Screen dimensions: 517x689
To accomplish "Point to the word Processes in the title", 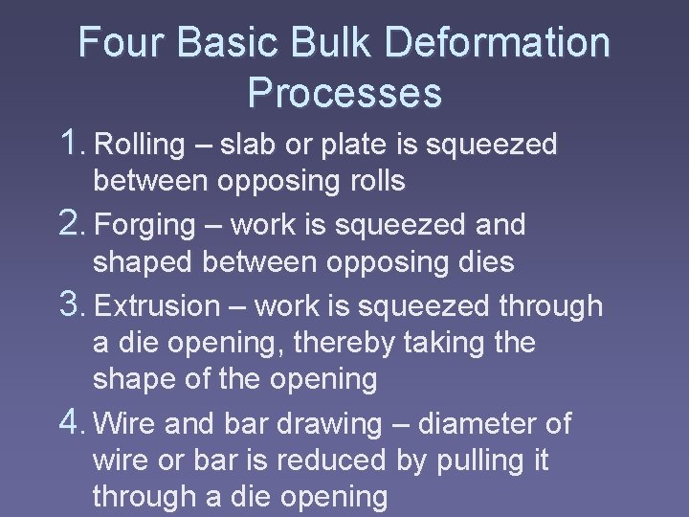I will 344,93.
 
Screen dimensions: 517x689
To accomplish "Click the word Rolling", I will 141,146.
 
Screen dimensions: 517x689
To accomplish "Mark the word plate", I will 349,146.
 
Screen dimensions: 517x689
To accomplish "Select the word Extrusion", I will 158,307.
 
